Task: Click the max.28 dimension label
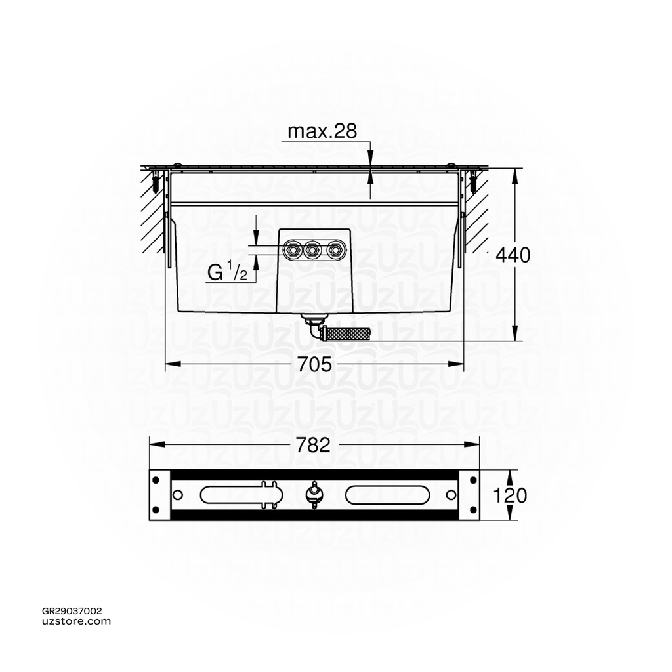(x=322, y=131)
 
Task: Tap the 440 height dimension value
(x=513, y=255)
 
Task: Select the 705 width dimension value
(x=314, y=365)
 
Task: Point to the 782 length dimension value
(x=313, y=445)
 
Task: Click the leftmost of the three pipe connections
(x=293, y=249)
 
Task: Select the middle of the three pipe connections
(x=314, y=249)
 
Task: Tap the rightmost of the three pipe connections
(x=335, y=249)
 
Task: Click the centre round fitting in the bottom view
(x=314, y=494)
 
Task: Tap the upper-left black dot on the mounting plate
(x=156, y=480)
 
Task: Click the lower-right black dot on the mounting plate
(x=471, y=510)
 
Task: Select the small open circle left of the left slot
(x=178, y=494)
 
